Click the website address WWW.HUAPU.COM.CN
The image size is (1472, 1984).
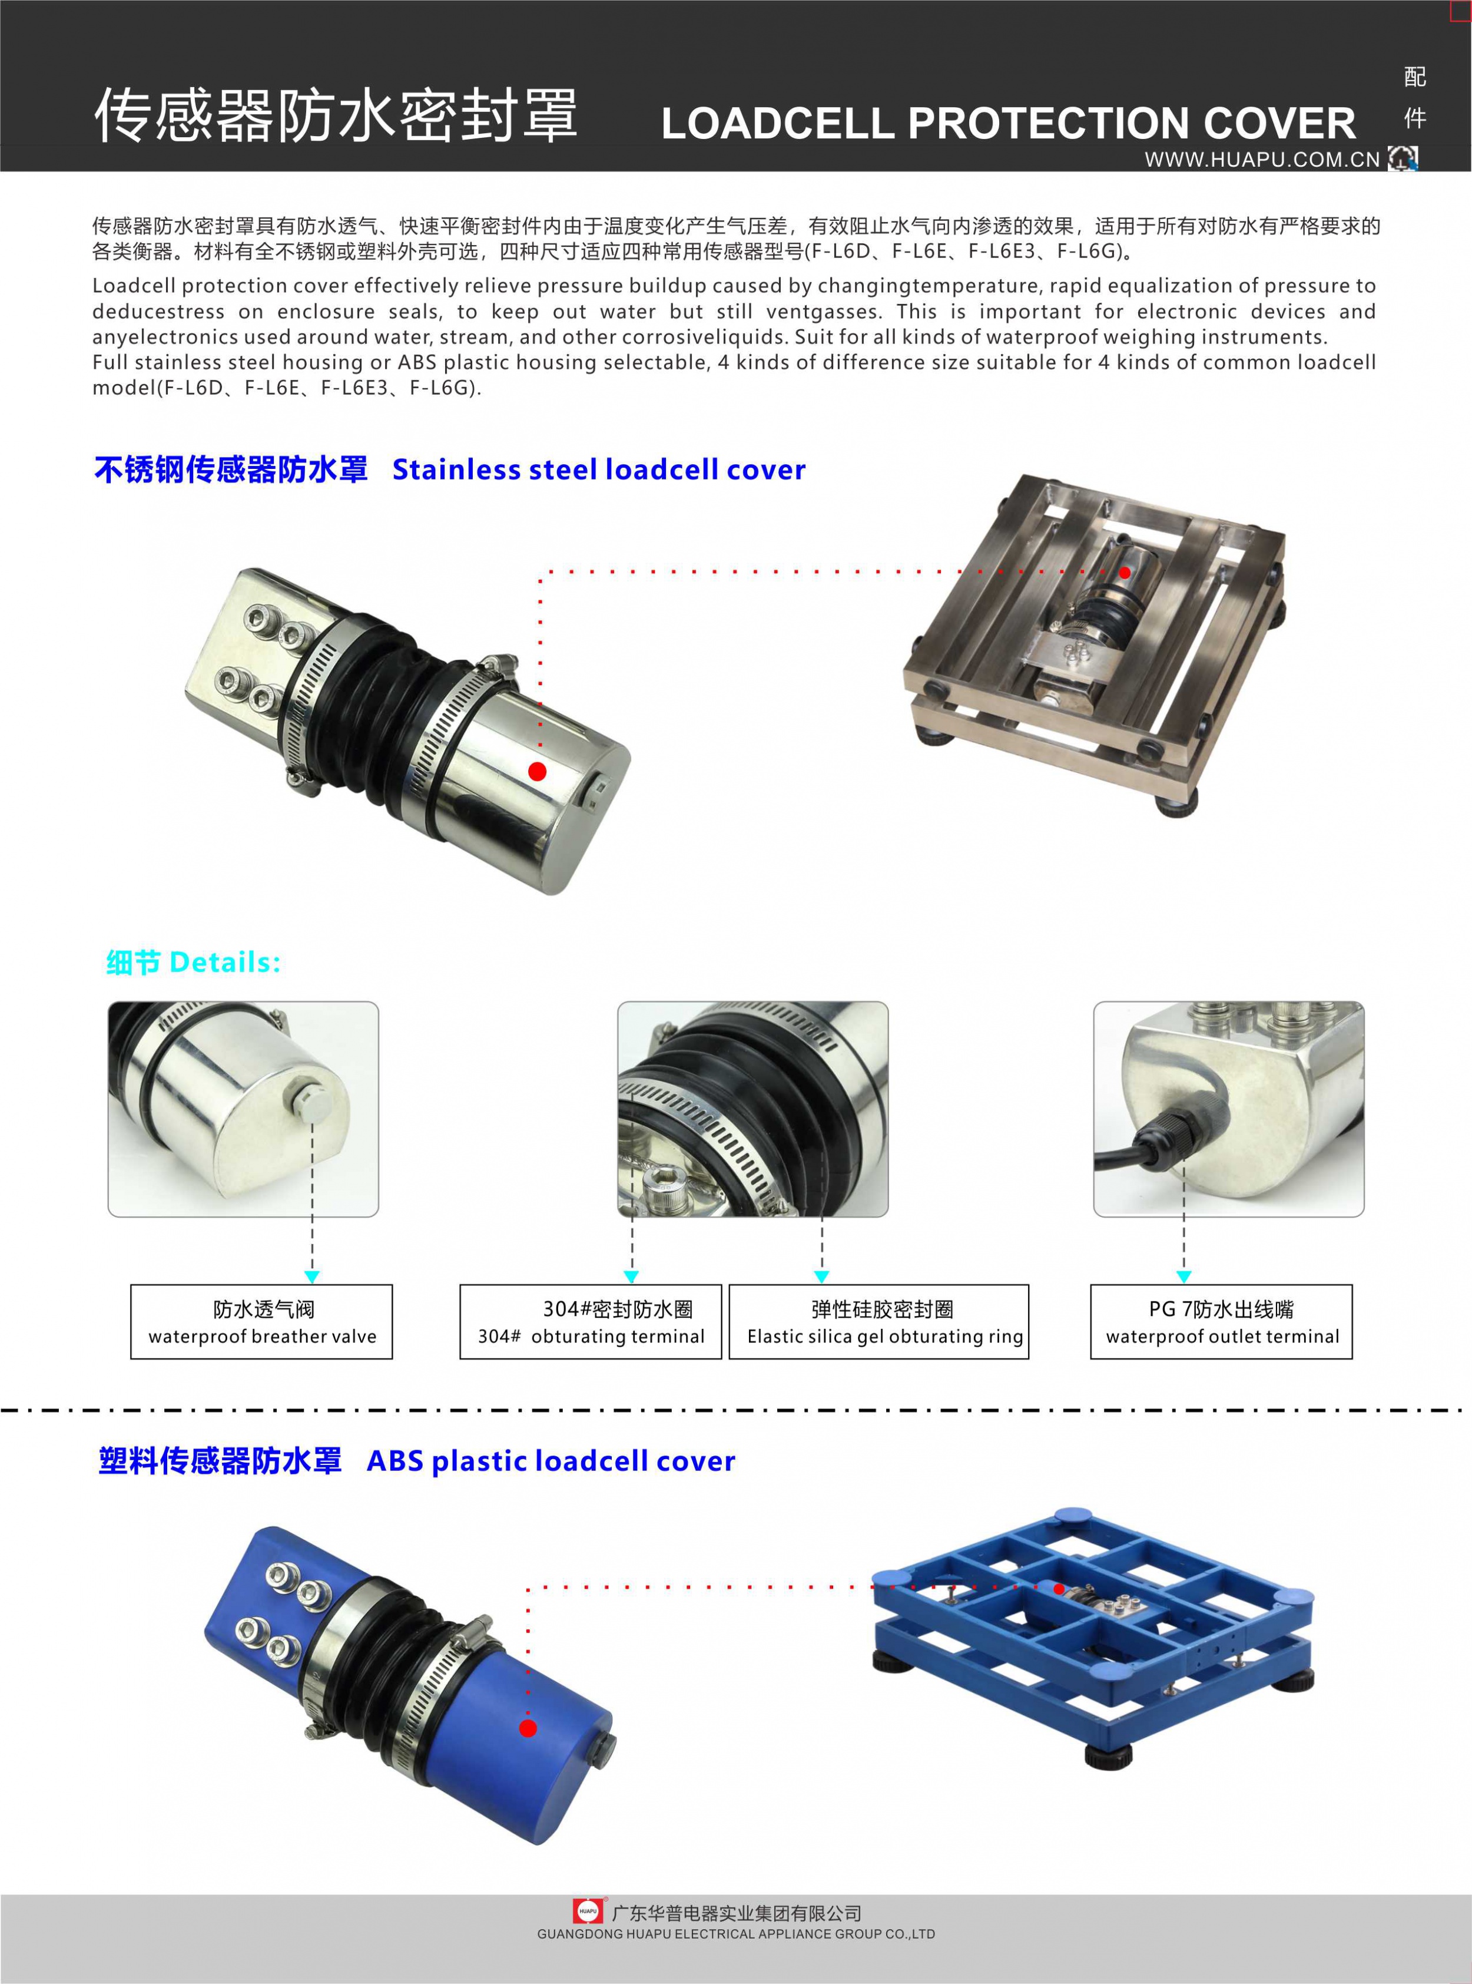pyautogui.click(x=1262, y=160)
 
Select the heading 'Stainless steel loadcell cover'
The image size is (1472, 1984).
pyautogui.click(x=599, y=469)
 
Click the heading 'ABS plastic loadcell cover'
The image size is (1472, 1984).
pyautogui.click(x=551, y=1461)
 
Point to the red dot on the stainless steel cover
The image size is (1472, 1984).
pyautogui.click(x=538, y=771)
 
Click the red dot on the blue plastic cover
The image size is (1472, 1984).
pyautogui.click(x=528, y=1728)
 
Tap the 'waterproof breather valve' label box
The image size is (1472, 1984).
pyautogui.click(x=262, y=1322)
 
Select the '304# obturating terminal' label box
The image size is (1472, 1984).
pyautogui.click(x=591, y=1322)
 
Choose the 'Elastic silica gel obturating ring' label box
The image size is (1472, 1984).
pyautogui.click(x=878, y=1322)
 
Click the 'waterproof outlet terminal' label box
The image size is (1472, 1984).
pyautogui.click(x=1222, y=1322)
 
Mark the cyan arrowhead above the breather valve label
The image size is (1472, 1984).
pyautogui.click(x=312, y=1277)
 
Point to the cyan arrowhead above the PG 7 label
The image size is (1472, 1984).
pyautogui.click(x=1184, y=1277)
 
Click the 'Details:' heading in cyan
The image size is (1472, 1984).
pyautogui.click(x=224, y=963)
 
